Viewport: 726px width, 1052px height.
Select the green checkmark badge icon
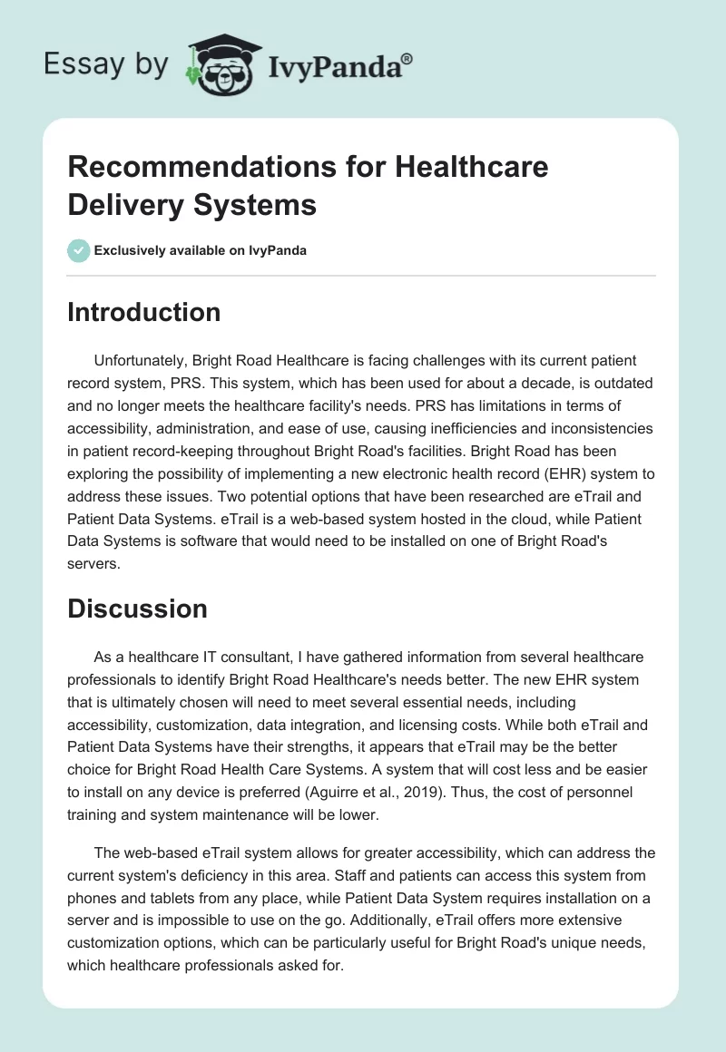pos(79,250)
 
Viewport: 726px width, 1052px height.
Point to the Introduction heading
pos(144,312)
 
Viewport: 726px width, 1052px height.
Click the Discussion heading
pos(137,609)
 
